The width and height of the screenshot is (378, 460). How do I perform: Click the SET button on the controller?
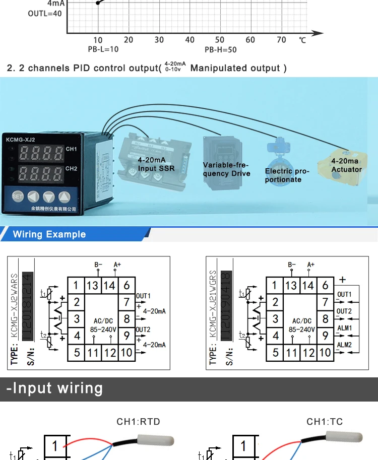pos(18,196)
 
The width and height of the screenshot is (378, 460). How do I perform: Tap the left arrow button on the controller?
pos(33,196)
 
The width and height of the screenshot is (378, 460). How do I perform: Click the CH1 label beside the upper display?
pos(72,149)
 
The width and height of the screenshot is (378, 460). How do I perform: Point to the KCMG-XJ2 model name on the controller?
pos(20,140)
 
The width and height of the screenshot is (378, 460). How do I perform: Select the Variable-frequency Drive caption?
pos(226,169)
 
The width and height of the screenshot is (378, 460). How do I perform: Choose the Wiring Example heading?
pos(49,234)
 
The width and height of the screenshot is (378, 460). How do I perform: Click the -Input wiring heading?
pos(54,388)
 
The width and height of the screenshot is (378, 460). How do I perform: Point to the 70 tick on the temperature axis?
pos(281,40)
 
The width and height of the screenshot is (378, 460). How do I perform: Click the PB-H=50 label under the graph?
pos(220,50)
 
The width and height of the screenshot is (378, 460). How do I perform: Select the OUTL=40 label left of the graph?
pos(45,14)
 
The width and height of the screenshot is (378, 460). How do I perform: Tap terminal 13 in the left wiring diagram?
pos(92,286)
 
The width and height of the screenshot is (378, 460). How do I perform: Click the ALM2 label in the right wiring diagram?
pos(345,345)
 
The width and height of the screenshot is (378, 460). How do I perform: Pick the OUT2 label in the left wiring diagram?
pos(143,330)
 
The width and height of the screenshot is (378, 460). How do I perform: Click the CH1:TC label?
pos(325,422)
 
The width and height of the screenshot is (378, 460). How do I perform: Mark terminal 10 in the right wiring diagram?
pos(325,353)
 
